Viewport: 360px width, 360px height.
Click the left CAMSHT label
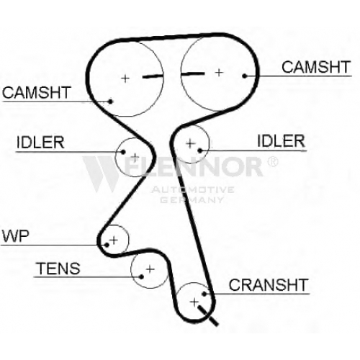pyautogui.click(x=36, y=92)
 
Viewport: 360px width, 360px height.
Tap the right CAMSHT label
pyautogui.click(x=316, y=67)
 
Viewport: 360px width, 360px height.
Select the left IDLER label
pyautogui.click(x=40, y=143)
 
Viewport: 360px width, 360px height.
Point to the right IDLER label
pyautogui.click(x=281, y=141)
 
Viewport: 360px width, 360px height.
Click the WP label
pyautogui.click(x=15, y=236)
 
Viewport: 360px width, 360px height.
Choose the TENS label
pyautogui.click(x=58, y=269)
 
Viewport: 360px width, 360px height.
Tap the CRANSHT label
pyautogui.click(x=269, y=285)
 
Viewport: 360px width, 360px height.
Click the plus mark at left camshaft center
pyautogui.click(x=125, y=78)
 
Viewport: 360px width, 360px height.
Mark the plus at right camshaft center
pyautogui.click(x=219, y=72)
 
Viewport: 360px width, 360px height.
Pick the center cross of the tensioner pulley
pyautogui.click(x=150, y=269)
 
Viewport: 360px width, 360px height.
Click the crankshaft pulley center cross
pyautogui.click(x=194, y=302)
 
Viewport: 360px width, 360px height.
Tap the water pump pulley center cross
pyautogui.click(x=114, y=240)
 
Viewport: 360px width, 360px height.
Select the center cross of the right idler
pyautogui.click(x=191, y=143)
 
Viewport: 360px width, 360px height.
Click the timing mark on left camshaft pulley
pyautogui.click(x=153, y=76)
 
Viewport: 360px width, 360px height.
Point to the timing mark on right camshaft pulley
pyautogui.click(x=193, y=73)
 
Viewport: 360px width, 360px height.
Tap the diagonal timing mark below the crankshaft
pyautogui.click(x=208, y=315)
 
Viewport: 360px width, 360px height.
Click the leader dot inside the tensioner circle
pyautogui.click(x=141, y=276)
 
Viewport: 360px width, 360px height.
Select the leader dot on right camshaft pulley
pyautogui.click(x=245, y=76)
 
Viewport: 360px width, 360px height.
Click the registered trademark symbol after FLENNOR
pyautogui.click(x=272, y=161)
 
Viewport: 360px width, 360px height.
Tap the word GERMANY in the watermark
pyautogui.click(x=192, y=199)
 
